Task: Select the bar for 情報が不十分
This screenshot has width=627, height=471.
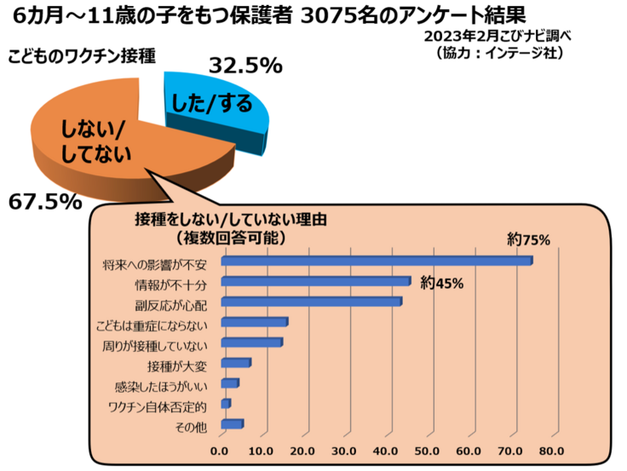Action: tap(314, 282)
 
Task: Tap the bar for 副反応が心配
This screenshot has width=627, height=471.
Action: tap(310, 302)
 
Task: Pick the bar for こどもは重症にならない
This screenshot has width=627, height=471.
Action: tap(253, 323)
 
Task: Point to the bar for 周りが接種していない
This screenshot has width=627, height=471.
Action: tap(250, 343)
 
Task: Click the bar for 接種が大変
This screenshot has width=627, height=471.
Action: tap(235, 364)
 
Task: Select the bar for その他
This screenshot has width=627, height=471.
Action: tap(232, 424)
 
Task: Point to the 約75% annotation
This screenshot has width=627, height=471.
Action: tap(528, 240)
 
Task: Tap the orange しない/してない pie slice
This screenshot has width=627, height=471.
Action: tap(111, 145)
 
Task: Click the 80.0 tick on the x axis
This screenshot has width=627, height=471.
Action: tap(551, 451)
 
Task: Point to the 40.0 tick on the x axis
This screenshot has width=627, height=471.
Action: tap(386, 451)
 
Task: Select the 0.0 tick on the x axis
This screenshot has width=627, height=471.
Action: tap(220, 451)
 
